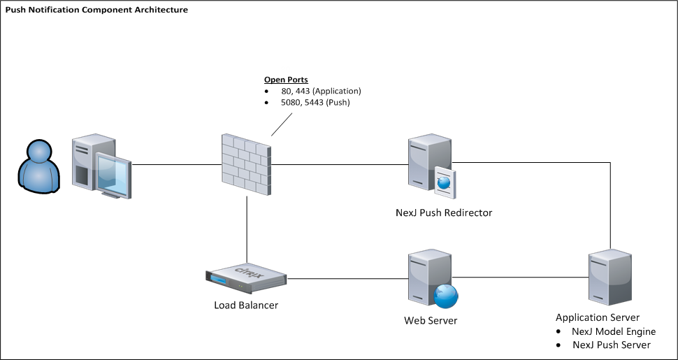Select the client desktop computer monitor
112,173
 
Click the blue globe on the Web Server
445,296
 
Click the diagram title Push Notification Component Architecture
96,10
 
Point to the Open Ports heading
286,80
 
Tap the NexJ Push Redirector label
443,213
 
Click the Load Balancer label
246,305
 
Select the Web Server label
431,321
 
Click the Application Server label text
597,317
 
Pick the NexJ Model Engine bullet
614,331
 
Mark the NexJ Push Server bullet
612,345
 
